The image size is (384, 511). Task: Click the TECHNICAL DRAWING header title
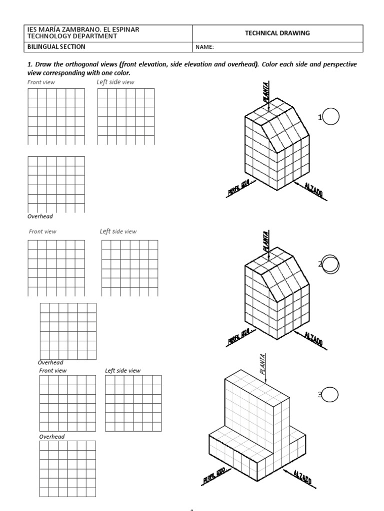(277, 33)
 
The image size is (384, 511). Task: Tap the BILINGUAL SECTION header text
(55, 47)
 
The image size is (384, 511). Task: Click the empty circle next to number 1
(331, 117)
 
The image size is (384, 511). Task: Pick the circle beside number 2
(331, 264)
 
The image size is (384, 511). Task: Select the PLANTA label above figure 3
(263, 363)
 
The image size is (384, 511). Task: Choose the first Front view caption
(41, 82)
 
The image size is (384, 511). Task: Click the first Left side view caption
(115, 82)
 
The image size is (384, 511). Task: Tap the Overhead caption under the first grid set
(40, 217)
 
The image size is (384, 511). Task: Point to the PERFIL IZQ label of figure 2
(239, 337)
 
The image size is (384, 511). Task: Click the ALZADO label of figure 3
(302, 477)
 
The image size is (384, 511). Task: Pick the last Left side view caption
(122, 371)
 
